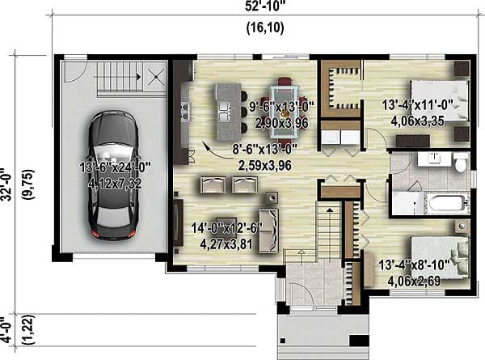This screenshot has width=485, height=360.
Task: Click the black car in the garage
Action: (x=110, y=175)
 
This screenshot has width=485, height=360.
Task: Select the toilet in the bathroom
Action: (x=460, y=165)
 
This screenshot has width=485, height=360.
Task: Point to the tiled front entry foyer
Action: (x=307, y=289)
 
